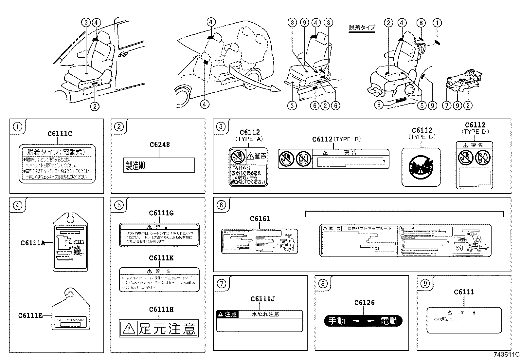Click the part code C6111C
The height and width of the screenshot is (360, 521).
click(60, 134)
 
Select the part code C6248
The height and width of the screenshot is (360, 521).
click(160, 145)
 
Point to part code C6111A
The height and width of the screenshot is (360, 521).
click(32, 243)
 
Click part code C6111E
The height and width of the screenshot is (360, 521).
click(30, 315)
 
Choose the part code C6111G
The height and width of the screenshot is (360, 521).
click(161, 213)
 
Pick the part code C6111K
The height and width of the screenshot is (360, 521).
click(161, 258)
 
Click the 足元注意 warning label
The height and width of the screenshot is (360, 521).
click(159, 328)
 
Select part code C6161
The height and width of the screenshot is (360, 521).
click(260, 219)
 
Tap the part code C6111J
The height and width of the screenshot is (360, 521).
click(262, 299)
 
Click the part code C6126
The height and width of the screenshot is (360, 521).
click(364, 303)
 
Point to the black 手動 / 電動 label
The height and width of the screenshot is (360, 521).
click(363, 321)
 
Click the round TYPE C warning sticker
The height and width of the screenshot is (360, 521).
click(421, 167)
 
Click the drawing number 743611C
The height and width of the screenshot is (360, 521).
click(507, 355)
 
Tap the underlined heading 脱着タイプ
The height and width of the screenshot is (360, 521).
click(362, 28)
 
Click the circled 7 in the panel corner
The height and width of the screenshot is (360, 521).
click(221, 283)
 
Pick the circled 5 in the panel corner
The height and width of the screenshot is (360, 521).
click(119, 205)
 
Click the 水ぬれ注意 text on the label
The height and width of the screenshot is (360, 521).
click(265, 314)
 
